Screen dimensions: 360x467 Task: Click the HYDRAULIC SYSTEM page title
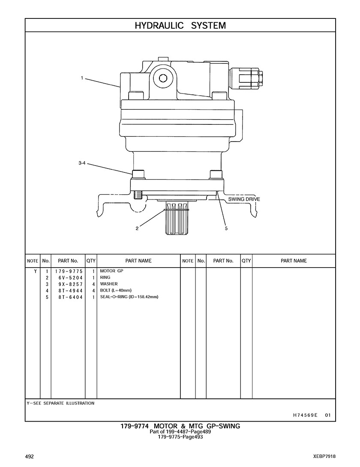click(180, 26)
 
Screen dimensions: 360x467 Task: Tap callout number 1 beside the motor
click(82, 78)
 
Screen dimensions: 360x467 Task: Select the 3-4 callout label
click(82, 163)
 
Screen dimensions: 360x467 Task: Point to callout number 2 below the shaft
click(137, 229)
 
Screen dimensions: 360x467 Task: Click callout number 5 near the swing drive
click(226, 229)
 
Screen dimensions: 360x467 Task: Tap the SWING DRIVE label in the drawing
click(244, 199)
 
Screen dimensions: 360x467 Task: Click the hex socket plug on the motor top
click(162, 78)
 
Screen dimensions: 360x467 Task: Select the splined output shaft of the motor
click(177, 219)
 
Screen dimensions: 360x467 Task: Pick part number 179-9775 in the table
click(69, 271)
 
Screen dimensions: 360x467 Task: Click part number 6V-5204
click(71, 278)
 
